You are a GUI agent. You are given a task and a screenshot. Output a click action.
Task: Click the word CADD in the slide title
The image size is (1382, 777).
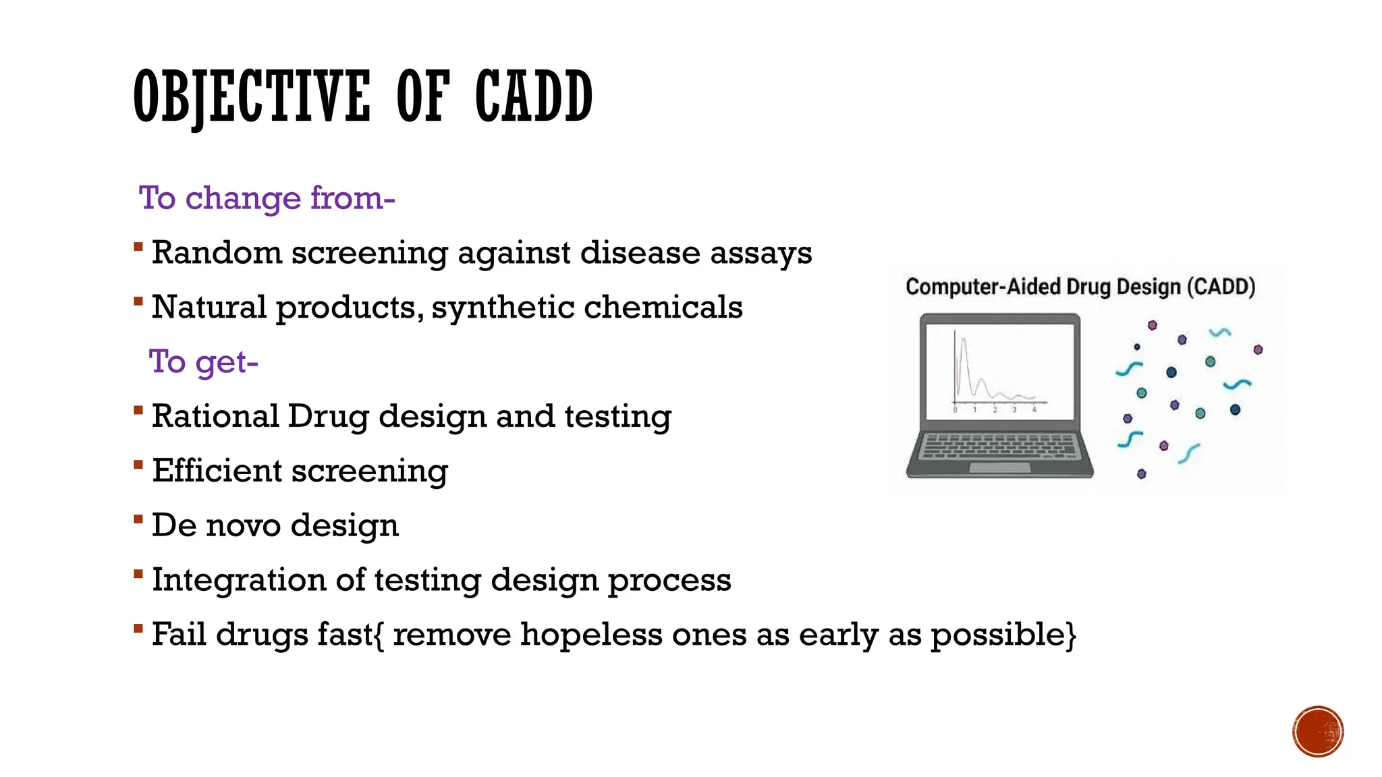[533, 98]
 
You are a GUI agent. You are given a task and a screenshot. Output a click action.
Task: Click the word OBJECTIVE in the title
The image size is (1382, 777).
[252, 98]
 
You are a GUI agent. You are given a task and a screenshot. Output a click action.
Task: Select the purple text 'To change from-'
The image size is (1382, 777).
[267, 198]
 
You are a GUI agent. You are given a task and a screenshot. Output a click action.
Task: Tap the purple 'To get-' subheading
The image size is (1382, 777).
[203, 362]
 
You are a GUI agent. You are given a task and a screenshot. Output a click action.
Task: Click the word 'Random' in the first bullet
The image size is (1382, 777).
[217, 253]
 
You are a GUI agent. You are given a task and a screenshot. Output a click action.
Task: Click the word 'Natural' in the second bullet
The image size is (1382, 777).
[209, 308]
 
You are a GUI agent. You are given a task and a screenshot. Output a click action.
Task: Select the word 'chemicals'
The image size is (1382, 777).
[663, 308]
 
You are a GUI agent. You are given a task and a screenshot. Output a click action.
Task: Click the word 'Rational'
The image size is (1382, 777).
[215, 416]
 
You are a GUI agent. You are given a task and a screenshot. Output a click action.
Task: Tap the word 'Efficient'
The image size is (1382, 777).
[217, 471]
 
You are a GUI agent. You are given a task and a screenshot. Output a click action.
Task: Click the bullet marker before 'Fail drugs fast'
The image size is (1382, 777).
[138, 629]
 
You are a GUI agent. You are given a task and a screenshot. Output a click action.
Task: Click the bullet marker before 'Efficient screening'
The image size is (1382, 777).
[138, 465]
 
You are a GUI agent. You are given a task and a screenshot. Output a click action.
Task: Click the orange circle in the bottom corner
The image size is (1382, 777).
[1318, 732]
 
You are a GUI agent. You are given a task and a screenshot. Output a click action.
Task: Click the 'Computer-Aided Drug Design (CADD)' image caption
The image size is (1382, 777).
[1080, 287]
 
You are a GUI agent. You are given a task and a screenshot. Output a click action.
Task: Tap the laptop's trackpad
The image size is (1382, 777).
[999, 467]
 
